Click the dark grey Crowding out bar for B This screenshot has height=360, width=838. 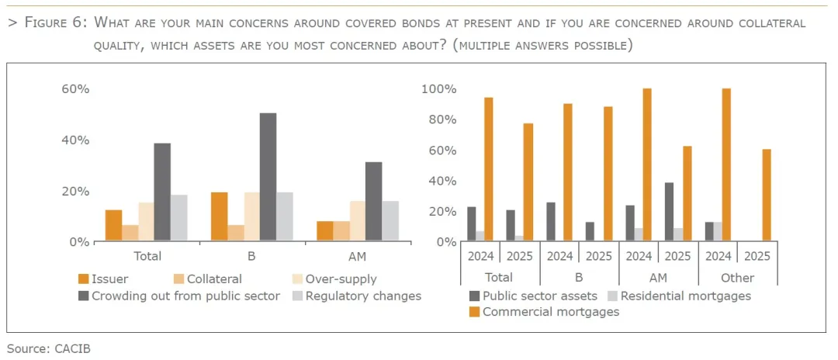pos(268,178)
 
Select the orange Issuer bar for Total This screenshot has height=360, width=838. pos(114,226)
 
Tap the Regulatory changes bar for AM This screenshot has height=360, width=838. pos(390,221)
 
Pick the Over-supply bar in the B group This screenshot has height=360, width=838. pos(251,217)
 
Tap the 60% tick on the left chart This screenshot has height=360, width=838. pos(75,89)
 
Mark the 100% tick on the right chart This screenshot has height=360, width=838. pos(438,89)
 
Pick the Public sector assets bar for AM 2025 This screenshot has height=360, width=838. pos(668,212)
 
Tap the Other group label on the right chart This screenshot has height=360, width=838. pos(737,278)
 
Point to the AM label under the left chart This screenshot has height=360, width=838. pos(357,256)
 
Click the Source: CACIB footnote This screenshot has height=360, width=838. pos(49,348)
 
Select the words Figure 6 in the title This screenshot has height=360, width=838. pos(55,22)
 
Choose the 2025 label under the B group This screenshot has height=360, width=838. pos(598,256)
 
